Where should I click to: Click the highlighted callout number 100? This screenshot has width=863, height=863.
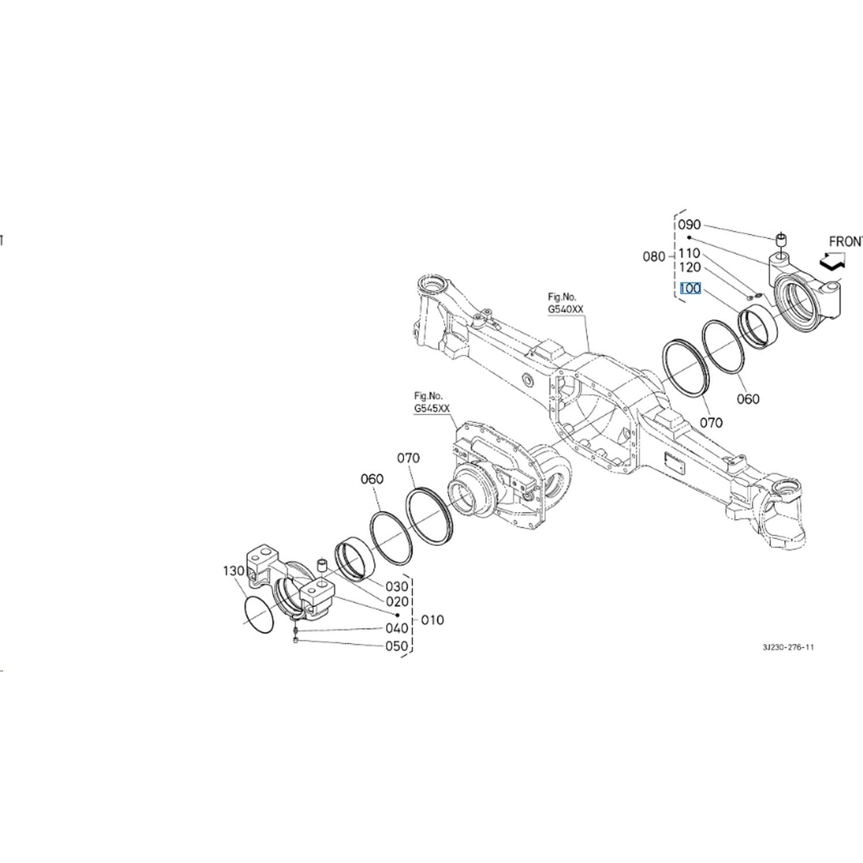pos(690,288)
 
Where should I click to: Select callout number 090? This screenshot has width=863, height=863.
pos(689,225)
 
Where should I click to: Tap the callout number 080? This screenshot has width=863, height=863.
pos(654,257)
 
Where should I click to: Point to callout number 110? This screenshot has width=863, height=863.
pos(689,253)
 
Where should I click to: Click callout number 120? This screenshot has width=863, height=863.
pos(689,268)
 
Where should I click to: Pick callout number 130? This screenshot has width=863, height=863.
pos(234,571)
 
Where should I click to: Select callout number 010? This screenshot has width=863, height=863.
pos(433,620)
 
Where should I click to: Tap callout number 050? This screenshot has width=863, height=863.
pos(397,646)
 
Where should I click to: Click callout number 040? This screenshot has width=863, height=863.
pos(397,628)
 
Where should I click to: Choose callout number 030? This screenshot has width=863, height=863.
pos(397,586)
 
